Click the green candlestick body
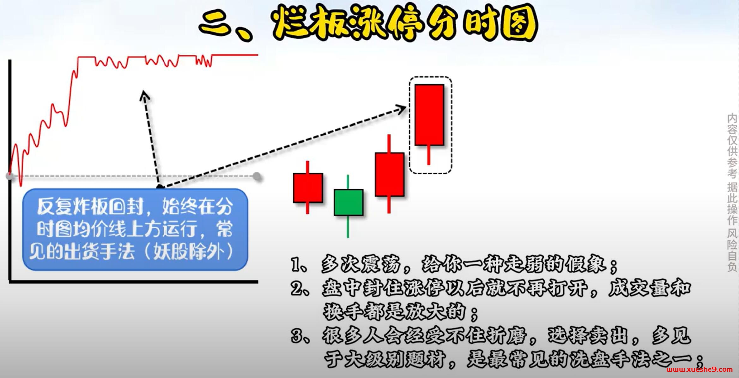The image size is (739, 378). click(x=348, y=202)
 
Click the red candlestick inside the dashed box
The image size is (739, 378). click(x=429, y=115)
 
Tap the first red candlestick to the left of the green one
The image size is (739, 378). click(x=308, y=188)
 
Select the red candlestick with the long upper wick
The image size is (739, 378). click(x=389, y=174)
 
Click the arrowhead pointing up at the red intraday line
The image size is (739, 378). click(x=144, y=95)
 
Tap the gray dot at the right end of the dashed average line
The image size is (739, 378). click(x=257, y=176)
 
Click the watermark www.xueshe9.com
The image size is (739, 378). click(x=699, y=369)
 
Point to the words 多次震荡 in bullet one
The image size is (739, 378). click(x=360, y=264)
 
